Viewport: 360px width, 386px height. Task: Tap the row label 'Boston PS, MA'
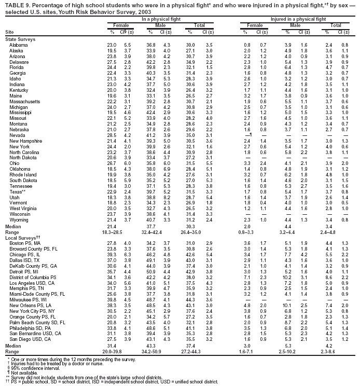[x=23, y=243]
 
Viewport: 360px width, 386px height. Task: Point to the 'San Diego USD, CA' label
[x=27, y=339]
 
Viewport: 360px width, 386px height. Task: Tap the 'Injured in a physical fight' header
[x=295, y=19]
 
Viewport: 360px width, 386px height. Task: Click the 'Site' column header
[x=9, y=33]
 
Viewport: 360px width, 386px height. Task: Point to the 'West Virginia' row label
[x=22, y=208]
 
